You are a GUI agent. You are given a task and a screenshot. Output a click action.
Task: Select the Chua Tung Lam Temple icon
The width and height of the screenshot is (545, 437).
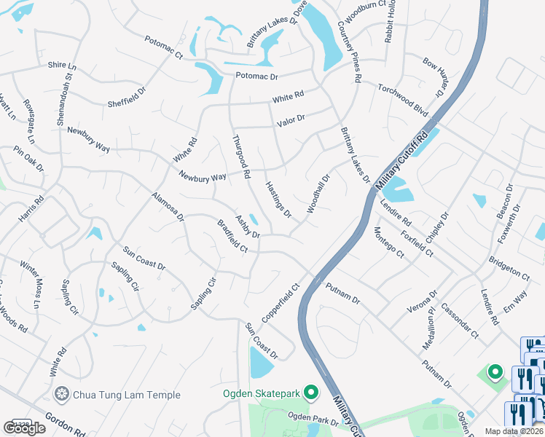tap(62, 395)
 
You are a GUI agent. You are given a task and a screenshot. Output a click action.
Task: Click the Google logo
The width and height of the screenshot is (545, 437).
tap(25, 428)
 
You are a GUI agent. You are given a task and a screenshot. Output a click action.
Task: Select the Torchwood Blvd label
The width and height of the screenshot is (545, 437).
tap(402, 101)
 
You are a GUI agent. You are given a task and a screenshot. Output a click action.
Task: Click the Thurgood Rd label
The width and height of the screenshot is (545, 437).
tap(241, 157)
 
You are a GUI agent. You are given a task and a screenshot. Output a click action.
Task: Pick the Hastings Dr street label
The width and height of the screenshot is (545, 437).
tap(278, 199)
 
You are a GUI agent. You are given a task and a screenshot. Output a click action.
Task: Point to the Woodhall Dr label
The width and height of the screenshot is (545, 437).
tap(318, 192)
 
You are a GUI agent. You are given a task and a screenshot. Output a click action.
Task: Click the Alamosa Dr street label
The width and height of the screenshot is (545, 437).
tap(168, 207)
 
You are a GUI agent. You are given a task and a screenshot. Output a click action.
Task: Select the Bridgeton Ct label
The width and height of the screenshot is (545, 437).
tap(509, 268)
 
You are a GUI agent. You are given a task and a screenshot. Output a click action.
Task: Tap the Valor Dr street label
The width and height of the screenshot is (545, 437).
tap(290, 119)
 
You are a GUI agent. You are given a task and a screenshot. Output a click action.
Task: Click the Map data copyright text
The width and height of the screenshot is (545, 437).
tap(514, 431)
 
